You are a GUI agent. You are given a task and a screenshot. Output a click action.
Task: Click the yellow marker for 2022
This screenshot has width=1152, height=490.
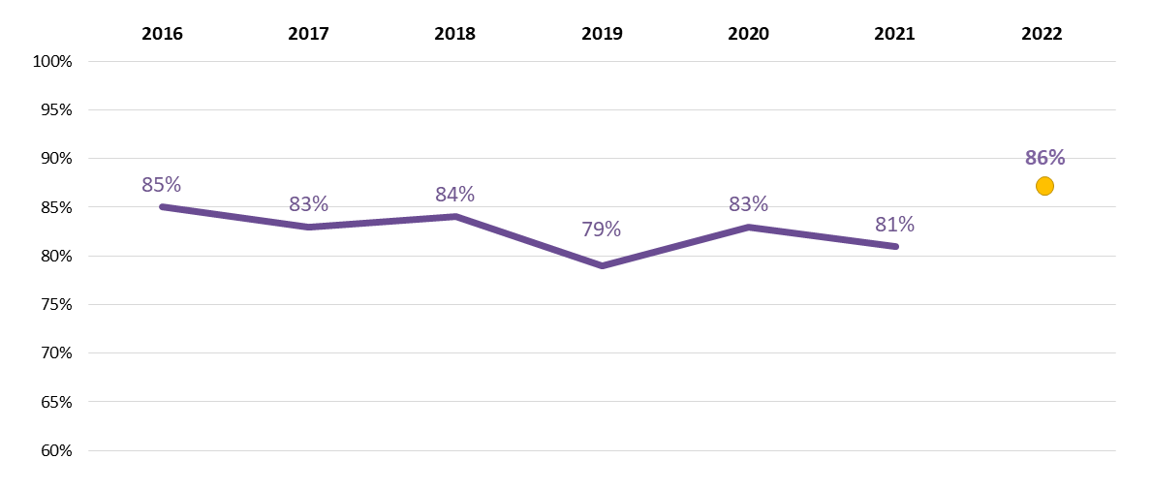1044,186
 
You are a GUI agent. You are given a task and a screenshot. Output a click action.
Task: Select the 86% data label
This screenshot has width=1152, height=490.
1044,158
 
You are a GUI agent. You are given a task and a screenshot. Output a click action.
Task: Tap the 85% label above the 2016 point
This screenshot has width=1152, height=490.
161,185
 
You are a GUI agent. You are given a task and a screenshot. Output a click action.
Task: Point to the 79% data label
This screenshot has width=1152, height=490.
601,230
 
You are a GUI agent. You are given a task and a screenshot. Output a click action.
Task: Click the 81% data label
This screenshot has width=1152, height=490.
894,225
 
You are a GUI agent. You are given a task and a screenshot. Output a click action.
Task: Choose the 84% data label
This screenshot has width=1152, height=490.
454,195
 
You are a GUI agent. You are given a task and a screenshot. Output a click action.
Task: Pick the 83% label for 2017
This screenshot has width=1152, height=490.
308,204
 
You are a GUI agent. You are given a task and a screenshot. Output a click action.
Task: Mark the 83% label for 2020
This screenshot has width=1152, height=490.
748,204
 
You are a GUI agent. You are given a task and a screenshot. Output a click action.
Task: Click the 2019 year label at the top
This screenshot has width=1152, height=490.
602,34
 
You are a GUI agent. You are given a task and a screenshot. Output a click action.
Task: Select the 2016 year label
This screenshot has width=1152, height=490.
162,34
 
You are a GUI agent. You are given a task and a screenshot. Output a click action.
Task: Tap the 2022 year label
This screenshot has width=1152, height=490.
1042,34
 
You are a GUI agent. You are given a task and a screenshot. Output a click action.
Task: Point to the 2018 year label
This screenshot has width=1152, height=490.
454,34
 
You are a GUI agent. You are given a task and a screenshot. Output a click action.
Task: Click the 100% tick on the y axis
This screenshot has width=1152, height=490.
52,62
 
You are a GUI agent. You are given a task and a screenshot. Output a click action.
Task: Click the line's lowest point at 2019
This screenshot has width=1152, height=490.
602,265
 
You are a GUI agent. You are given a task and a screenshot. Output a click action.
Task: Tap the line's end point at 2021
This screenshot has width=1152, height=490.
895,246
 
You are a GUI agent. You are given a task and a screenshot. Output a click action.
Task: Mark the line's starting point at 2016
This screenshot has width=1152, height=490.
162,206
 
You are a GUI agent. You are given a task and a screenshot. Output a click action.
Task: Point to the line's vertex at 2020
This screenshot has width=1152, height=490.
748,227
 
